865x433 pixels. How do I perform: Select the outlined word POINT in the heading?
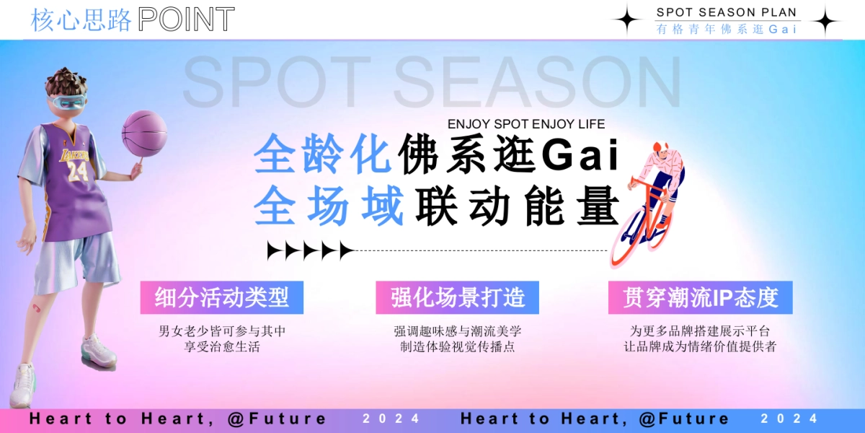[x=186, y=20]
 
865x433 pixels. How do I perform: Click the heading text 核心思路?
[x=81, y=20]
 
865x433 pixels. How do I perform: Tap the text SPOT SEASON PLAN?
[x=727, y=12]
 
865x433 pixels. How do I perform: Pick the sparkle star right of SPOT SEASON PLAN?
[x=825, y=20]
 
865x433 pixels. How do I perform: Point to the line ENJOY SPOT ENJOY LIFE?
[x=526, y=124]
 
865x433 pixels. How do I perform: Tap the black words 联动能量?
[x=518, y=206]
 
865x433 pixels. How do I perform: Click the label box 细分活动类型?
[x=222, y=297]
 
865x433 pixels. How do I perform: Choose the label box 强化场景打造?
[x=457, y=297]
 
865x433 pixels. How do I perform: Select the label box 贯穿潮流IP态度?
[x=700, y=297]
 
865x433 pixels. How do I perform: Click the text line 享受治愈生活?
[x=222, y=347]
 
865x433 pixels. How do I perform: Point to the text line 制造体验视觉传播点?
[x=457, y=347]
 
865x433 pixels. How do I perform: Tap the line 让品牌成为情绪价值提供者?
[x=700, y=347]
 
